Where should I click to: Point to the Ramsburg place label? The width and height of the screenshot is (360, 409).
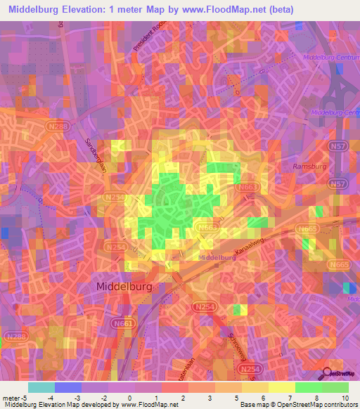click(x=307, y=166)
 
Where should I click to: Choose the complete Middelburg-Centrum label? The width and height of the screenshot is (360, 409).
click(x=330, y=57)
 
